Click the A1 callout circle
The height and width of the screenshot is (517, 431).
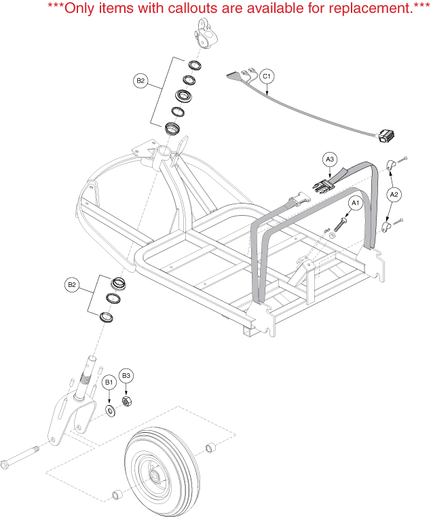[354, 202]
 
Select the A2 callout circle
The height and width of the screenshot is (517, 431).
[394, 194]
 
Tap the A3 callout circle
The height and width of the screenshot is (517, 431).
[329, 159]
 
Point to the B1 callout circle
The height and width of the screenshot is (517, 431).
[109, 383]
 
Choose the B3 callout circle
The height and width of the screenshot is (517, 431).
[126, 375]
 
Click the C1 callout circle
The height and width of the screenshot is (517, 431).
[267, 76]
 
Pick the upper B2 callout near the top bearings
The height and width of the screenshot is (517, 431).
[140, 81]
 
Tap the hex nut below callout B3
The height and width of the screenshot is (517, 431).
[126, 402]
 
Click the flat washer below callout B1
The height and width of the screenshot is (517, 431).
[110, 410]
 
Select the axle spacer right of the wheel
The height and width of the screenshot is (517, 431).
[210, 447]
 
